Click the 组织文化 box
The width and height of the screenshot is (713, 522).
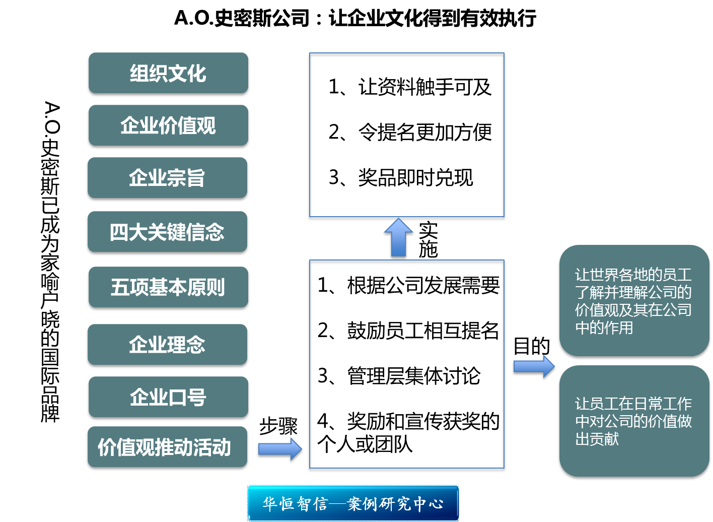point(168,74)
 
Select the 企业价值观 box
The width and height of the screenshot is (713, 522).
point(168,126)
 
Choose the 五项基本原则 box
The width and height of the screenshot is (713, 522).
point(168,288)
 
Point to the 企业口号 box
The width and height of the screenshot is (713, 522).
point(168,398)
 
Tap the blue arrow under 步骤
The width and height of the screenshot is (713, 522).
point(280,449)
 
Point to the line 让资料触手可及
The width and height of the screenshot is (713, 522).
point(410,87)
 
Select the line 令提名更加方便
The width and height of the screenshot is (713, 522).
point(410,133)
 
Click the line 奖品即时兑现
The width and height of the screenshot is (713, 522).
point(401,178)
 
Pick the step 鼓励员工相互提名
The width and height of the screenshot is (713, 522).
point(408,331)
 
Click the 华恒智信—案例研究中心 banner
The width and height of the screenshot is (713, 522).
point(353,503)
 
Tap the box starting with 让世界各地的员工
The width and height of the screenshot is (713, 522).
point(633,301)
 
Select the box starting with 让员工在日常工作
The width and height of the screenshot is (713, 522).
point(633,421)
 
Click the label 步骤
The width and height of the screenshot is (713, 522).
point(278,427)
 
